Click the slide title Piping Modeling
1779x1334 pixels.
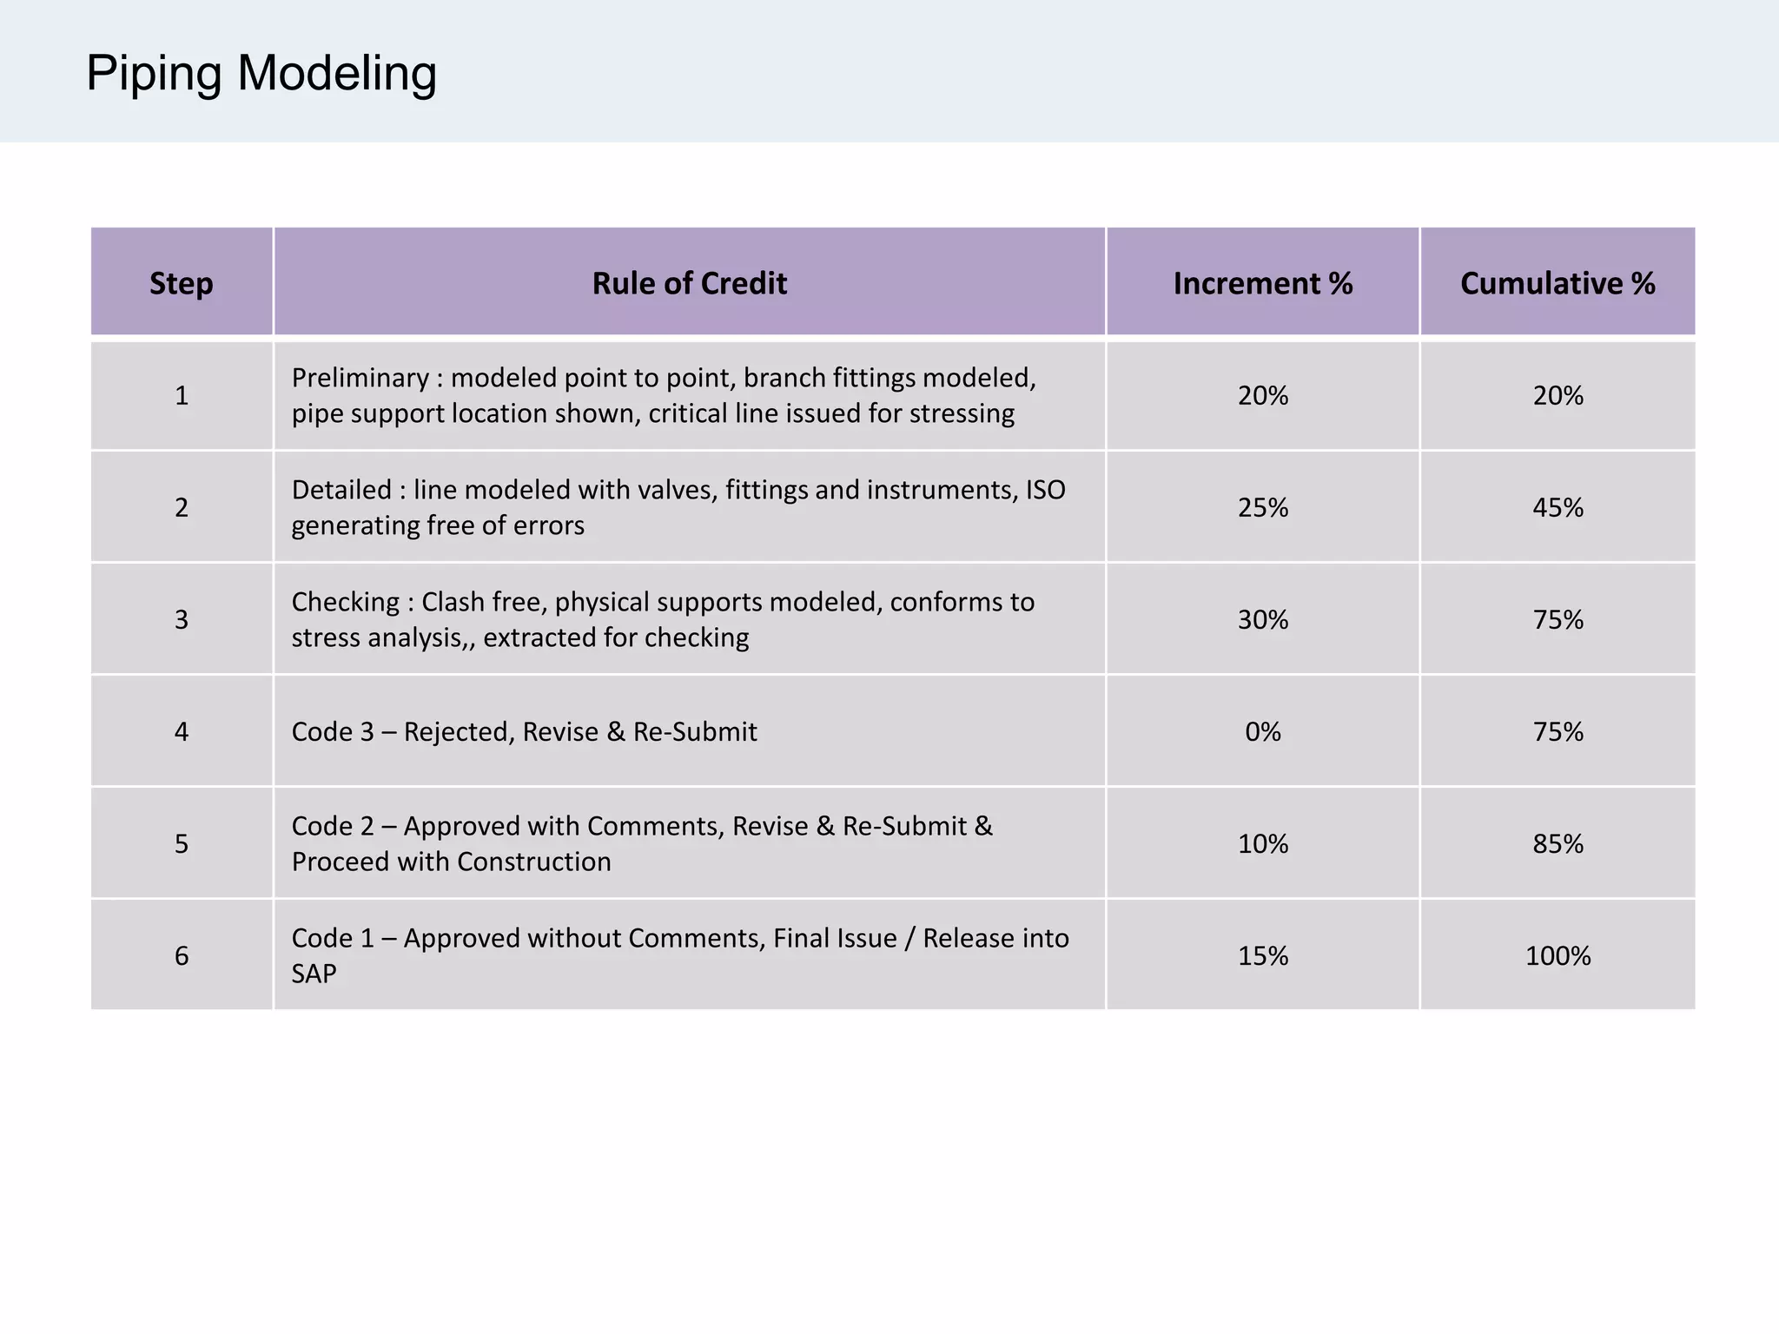tap(261, 73)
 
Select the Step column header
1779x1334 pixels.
tap(181, 283)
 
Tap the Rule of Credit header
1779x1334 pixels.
tap(690, 283)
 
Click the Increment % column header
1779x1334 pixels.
tap(1262, 283)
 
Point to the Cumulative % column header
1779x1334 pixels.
tap(1557, 283)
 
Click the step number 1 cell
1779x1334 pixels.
tap(182, 396)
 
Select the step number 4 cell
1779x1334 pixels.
tap(182, 732)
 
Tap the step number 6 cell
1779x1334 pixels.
tap(182, 956)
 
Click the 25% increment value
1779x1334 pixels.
tap(1262, 507)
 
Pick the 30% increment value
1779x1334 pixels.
tap(1262, 620)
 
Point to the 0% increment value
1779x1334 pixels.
tap(1262, 732)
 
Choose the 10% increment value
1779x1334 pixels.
tap(1262, 844)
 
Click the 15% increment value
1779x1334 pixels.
tap(1262, 956)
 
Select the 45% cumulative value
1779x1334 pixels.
tap(1557, 507)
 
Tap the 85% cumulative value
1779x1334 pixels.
tap(1557, 844)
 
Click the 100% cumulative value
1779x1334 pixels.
tap(1557, 956)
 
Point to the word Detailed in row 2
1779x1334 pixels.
tap(341, 491)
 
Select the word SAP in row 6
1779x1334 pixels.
tap(314, 974)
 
